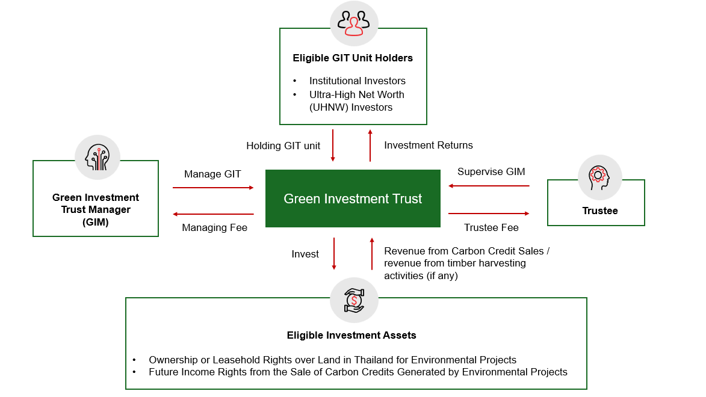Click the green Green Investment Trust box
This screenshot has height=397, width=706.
(x=353, y=198)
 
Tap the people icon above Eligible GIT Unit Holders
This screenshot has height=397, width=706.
(x=354, y=23)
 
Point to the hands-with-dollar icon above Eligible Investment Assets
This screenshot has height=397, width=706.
(x=354, y=300)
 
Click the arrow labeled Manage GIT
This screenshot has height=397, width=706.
(x=213, y=188)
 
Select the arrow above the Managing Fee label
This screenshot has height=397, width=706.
(x=213, y=214)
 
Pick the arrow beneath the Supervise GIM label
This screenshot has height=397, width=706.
(x=489, y=186)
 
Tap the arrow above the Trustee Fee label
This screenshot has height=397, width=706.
(x=489, y=213)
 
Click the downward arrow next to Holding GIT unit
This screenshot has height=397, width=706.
(x=333, y=145)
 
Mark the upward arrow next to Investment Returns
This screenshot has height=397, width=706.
(x=370, y=145)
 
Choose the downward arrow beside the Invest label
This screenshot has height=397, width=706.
(x=334, y=253)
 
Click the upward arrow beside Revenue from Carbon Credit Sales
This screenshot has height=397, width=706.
(x=372, y=253)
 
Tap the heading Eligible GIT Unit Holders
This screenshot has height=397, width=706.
(x=353, y=58)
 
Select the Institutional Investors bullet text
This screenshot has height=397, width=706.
(x=358, y=81)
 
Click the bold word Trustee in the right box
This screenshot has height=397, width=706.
(x=599, y=211)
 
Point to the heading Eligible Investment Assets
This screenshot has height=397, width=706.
(x=351, y=335)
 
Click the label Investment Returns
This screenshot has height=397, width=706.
(x=429, y=145)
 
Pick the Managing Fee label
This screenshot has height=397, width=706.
(x=215, y=228)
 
